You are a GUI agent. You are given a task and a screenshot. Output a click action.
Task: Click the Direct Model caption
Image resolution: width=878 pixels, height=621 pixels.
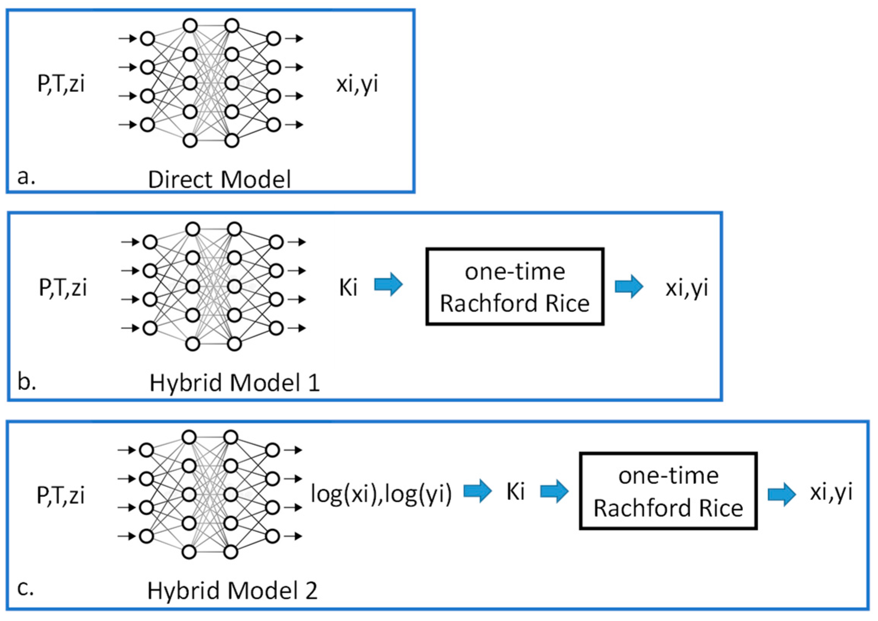coord(220,180)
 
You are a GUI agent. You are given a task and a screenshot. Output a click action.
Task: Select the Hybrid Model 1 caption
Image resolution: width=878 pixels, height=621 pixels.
coord(234,383)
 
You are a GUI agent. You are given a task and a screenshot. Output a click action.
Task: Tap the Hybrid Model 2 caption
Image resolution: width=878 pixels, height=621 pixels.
coord(232,590)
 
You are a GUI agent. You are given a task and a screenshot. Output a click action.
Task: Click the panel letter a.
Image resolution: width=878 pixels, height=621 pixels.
coord(26,177)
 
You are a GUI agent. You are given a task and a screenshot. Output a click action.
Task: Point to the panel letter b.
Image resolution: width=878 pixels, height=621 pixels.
coord(27,382)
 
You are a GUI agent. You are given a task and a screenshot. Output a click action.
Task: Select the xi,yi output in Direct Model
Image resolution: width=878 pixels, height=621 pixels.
coord(357,84)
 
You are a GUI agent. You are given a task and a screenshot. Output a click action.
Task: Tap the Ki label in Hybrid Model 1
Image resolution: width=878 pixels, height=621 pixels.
coord(348,288)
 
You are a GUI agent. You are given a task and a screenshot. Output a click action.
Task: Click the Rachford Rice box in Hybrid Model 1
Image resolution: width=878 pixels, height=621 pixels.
coord(515,287)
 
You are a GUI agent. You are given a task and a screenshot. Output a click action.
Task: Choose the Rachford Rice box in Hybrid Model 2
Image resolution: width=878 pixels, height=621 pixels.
coord(668,492)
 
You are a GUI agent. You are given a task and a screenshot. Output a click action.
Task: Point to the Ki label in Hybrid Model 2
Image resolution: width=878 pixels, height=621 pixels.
coord(515,492)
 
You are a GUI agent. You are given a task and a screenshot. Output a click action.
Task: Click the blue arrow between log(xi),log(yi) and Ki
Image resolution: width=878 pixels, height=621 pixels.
coord(478,491)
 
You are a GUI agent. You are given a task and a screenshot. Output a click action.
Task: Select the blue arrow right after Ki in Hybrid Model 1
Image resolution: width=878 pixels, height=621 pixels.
coord(388,285)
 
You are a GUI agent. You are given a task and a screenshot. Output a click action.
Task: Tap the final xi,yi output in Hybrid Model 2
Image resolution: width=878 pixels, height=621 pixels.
coord(831,492)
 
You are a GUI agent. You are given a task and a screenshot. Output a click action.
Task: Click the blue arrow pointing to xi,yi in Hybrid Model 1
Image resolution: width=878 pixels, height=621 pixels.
coord(629,286)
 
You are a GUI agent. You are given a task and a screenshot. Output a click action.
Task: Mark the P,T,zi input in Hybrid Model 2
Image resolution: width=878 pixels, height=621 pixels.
coord(60,495)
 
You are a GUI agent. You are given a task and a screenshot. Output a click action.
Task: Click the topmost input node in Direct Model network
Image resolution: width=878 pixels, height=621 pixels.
coord(148,39)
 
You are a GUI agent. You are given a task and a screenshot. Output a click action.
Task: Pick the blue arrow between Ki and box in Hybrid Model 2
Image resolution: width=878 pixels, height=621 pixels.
coord(554,492)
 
